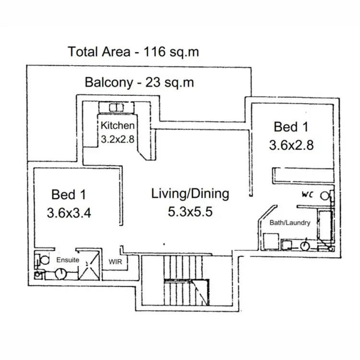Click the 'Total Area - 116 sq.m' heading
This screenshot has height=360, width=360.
point(133,52)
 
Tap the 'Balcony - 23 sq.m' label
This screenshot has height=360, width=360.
point(139,82)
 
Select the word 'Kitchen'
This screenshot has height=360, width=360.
point(118,125)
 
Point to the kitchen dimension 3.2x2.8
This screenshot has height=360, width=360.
point(118,139)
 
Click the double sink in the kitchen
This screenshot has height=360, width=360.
point(117,108)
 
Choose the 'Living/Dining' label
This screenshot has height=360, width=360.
point(190,193)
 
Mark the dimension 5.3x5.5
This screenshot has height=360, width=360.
point(190,212)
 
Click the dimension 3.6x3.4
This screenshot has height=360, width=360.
point(69,213)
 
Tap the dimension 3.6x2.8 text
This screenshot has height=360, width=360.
point(291,145)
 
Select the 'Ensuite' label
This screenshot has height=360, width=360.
point(68,260)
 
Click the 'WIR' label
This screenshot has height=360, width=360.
point(115,262)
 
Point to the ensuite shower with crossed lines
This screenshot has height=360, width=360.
point(89,265)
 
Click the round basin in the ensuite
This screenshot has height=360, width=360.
point(61,274)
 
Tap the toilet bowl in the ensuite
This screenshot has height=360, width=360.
point(44,260)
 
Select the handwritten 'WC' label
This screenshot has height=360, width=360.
point(307,195)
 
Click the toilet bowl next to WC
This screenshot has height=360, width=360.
point(324,196)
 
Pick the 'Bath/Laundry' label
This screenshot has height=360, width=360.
point(290,223)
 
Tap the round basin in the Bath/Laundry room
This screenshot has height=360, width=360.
point(305,246)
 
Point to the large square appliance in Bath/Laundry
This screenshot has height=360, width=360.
point(271,241)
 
